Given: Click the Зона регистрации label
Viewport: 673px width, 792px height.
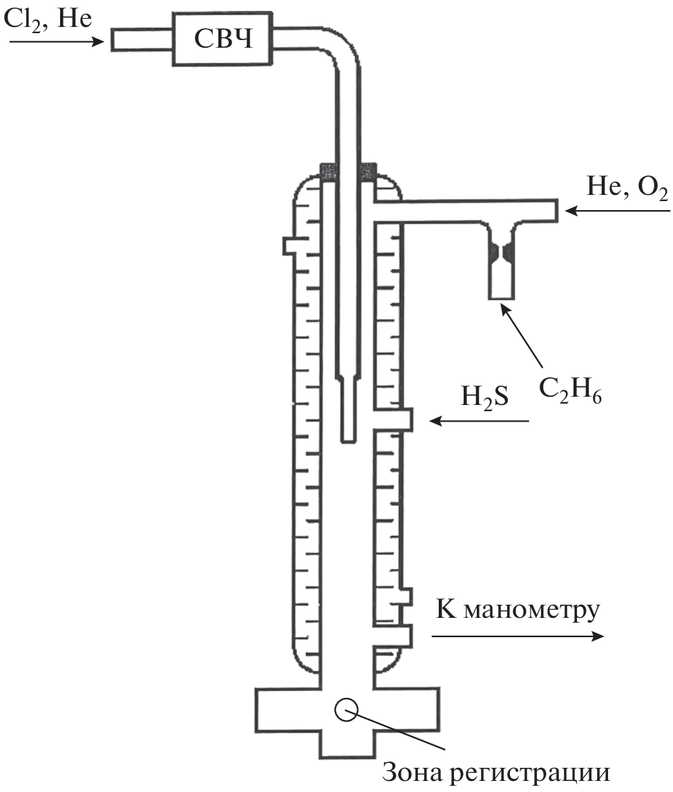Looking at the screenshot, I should [495, 773].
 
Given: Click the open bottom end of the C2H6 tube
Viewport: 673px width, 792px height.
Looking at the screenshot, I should [501, 297].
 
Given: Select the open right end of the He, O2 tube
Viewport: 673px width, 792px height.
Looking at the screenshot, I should [555, 211].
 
